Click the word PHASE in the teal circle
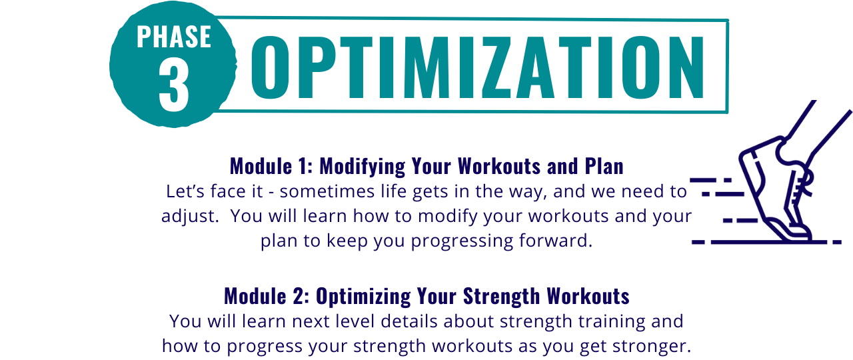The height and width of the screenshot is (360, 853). tap(174, 37)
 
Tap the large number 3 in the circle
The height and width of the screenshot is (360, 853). tap(174, 86)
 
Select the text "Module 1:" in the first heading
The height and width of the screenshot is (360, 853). tap(271, 166)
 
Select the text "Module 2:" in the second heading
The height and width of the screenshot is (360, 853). tap(267, 296)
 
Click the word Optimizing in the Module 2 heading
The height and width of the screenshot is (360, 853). tap(363, 297)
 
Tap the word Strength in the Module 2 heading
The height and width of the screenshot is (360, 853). tap(502, 297)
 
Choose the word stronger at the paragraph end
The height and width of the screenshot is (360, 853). tap(652, 346)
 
